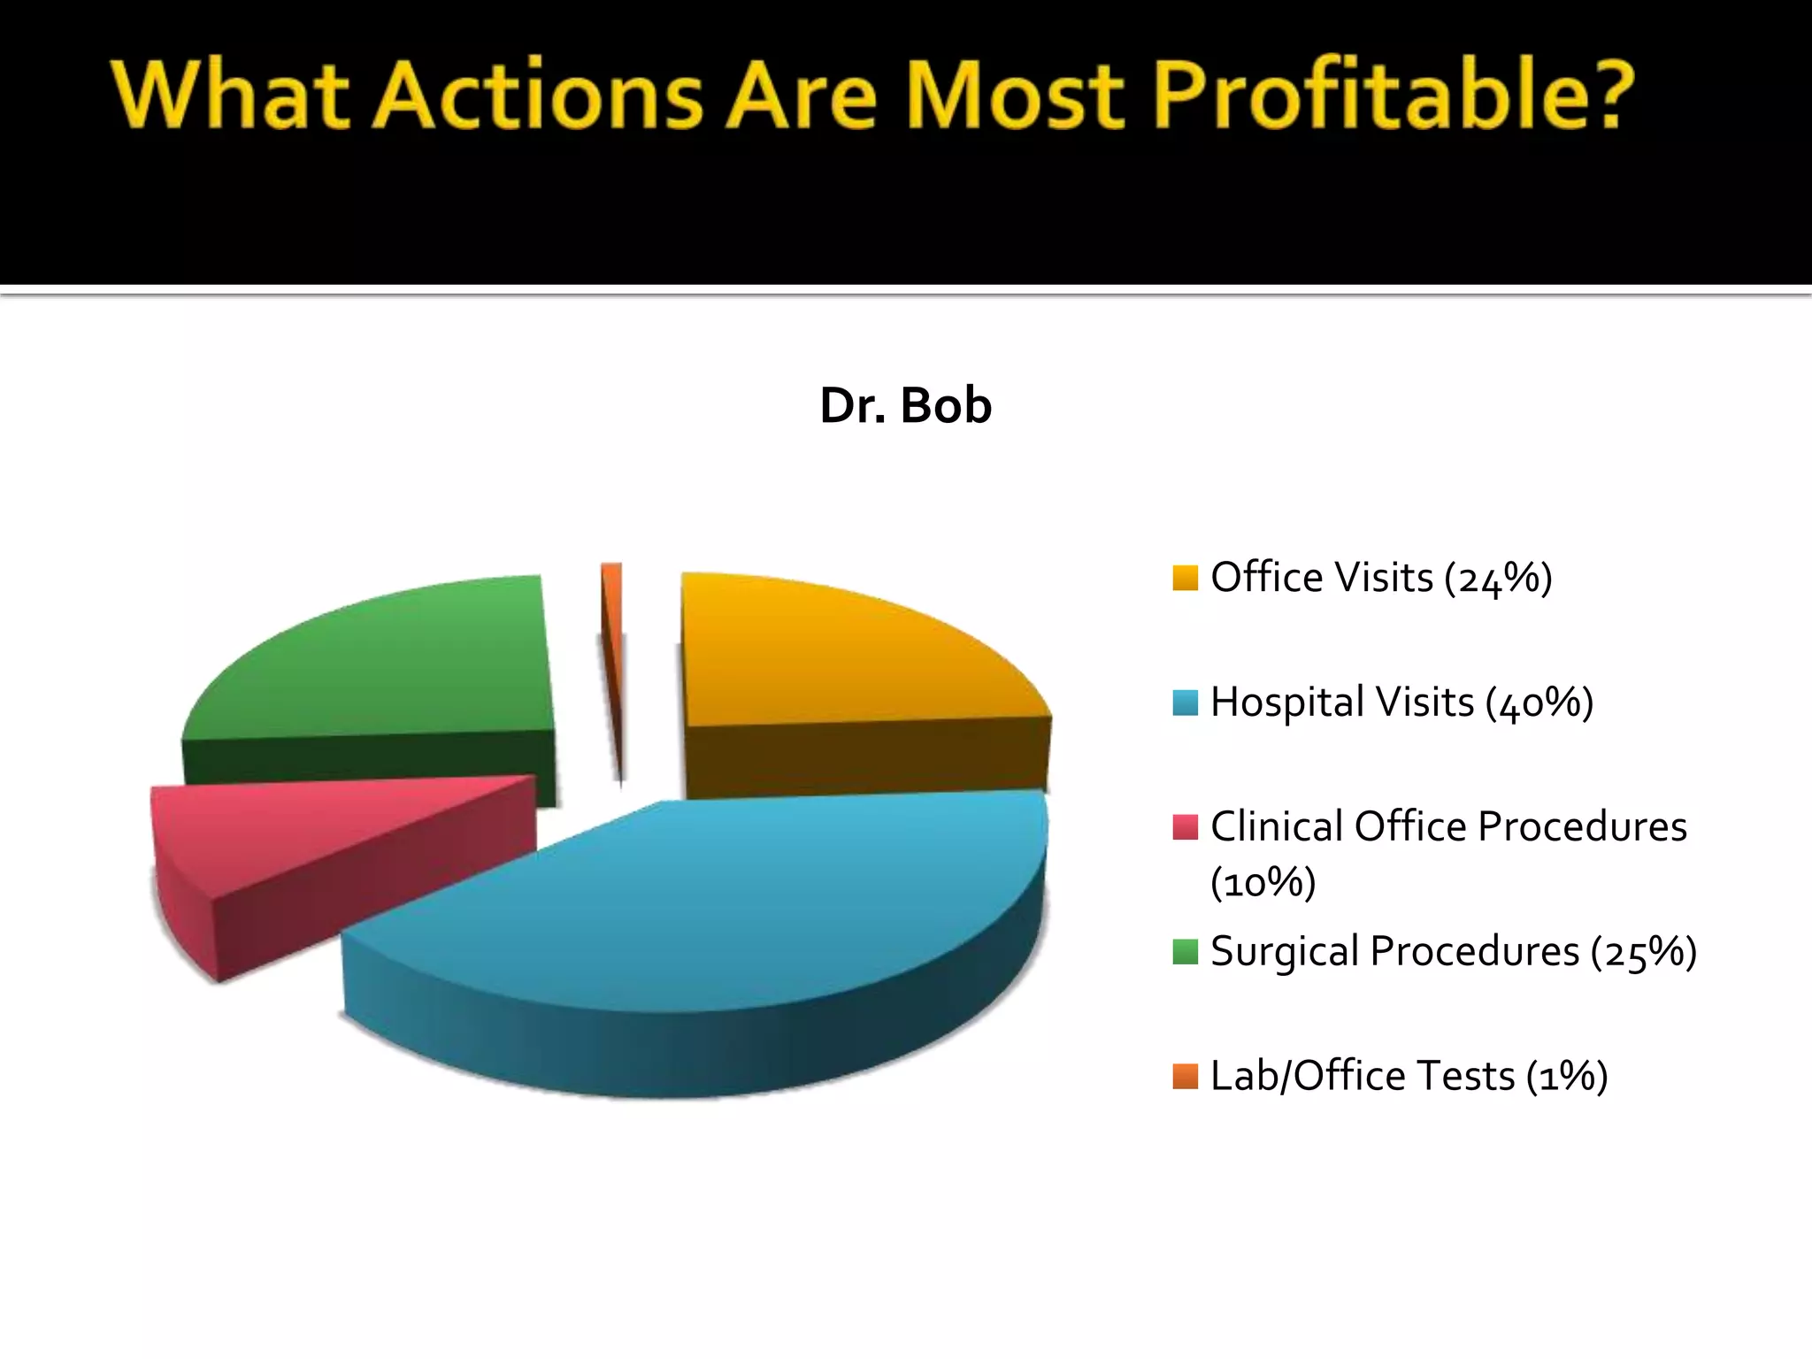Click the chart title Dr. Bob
click(x=905, y=406)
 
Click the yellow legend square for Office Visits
click(x=1185, y=578)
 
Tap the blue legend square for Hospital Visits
click(x=1185, y=703)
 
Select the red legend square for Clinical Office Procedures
click(x=1185, y=827)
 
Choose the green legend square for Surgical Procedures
click(x=1185, y=952)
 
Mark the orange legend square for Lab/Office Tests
click(x=1185, y=1077)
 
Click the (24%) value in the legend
click(x=1498, y=579)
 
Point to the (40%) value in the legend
click(x=1539, y=703)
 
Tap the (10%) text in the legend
click(x=1263, y=883)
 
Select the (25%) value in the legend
click(x=1643, y=953)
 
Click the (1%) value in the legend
click(x=1566, y=1078)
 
